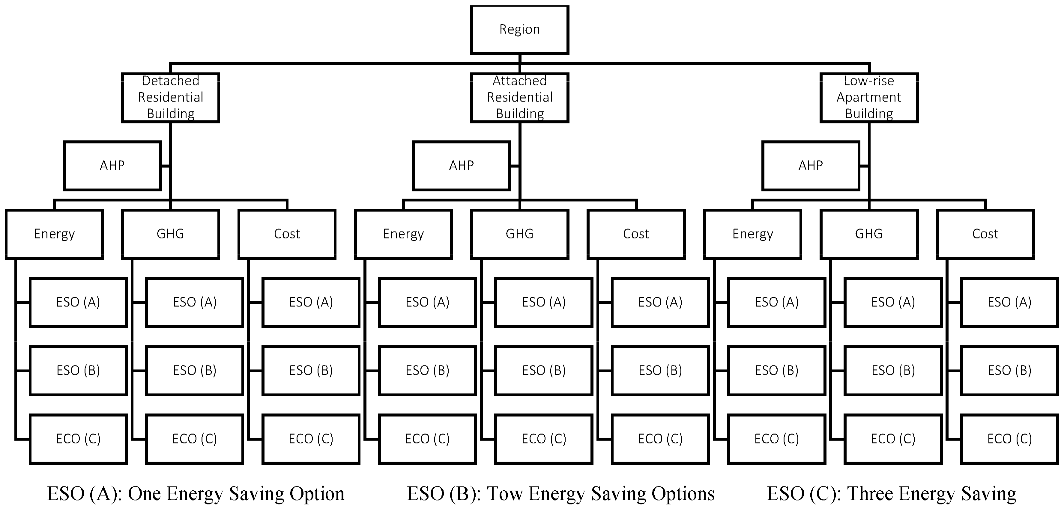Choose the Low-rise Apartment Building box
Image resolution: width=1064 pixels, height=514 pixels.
[x=869, y=97]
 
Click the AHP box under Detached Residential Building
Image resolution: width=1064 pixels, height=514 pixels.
[x=112, y=165]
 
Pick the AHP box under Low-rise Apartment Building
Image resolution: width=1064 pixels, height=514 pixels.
[x=810, y=165]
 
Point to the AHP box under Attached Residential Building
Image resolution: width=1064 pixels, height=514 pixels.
[x=461, y=165]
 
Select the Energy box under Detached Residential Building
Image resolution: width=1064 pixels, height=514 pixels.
[x=54, y=234]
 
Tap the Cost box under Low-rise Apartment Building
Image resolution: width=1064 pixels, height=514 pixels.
[x=985, y=234]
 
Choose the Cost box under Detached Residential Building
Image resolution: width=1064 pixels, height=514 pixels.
[x=287, y=234]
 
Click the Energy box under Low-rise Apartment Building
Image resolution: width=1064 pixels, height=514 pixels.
[x=752, y=234]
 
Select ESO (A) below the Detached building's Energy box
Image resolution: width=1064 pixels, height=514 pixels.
[x=78, y=302]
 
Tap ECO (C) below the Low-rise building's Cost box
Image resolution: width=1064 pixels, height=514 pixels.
[x=1009, y=439]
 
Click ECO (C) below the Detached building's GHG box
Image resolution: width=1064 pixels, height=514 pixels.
[x=195, y=439]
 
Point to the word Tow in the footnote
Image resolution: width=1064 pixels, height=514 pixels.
[x=505, y=493]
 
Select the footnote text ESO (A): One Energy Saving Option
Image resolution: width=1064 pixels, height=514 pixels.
[x=196, y=493]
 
